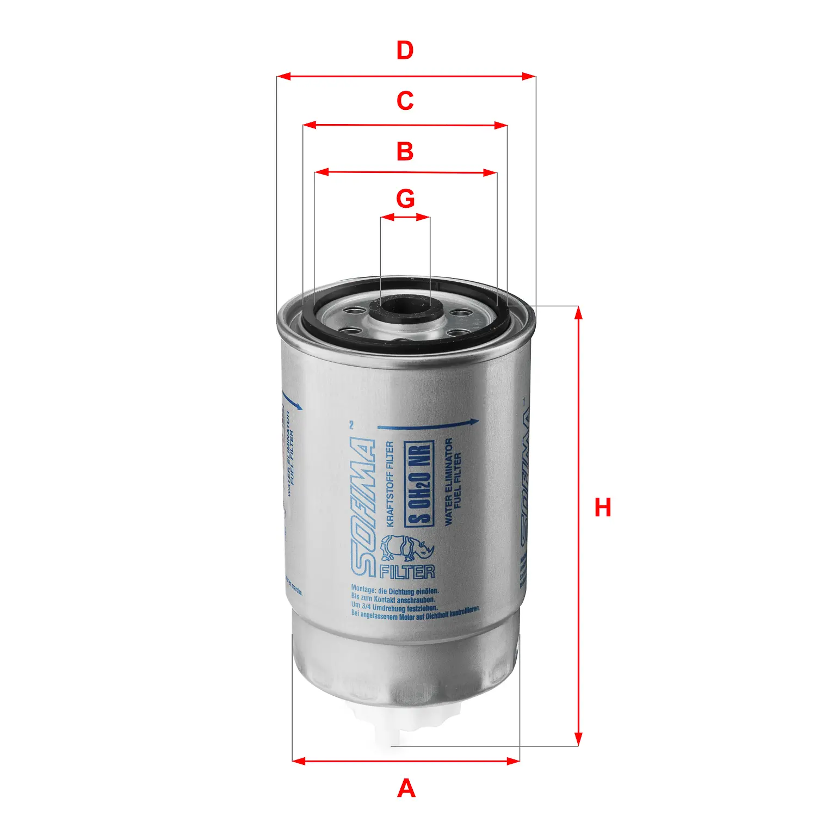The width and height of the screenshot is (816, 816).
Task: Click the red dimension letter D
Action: coord(405,51)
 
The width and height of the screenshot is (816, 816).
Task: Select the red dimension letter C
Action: coord(405,101)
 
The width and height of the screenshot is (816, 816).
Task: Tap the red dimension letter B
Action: coord(405,151)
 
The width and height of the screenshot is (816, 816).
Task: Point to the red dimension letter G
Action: coord(405,199)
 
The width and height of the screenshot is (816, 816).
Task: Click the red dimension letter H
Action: coord(603,508)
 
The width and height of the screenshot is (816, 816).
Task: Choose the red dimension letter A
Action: coord(406,788)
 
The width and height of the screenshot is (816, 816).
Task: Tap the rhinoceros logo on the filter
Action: coord(407,548)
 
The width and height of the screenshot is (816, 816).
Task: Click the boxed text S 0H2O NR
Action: coord(419,484)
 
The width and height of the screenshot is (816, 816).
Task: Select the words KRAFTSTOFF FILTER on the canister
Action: coord(390,484)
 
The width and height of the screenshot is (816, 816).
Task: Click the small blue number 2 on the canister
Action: coord(351,425)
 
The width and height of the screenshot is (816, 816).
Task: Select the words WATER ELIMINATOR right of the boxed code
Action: coord(448,481)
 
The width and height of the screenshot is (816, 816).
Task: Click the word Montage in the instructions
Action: coord(363,589)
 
